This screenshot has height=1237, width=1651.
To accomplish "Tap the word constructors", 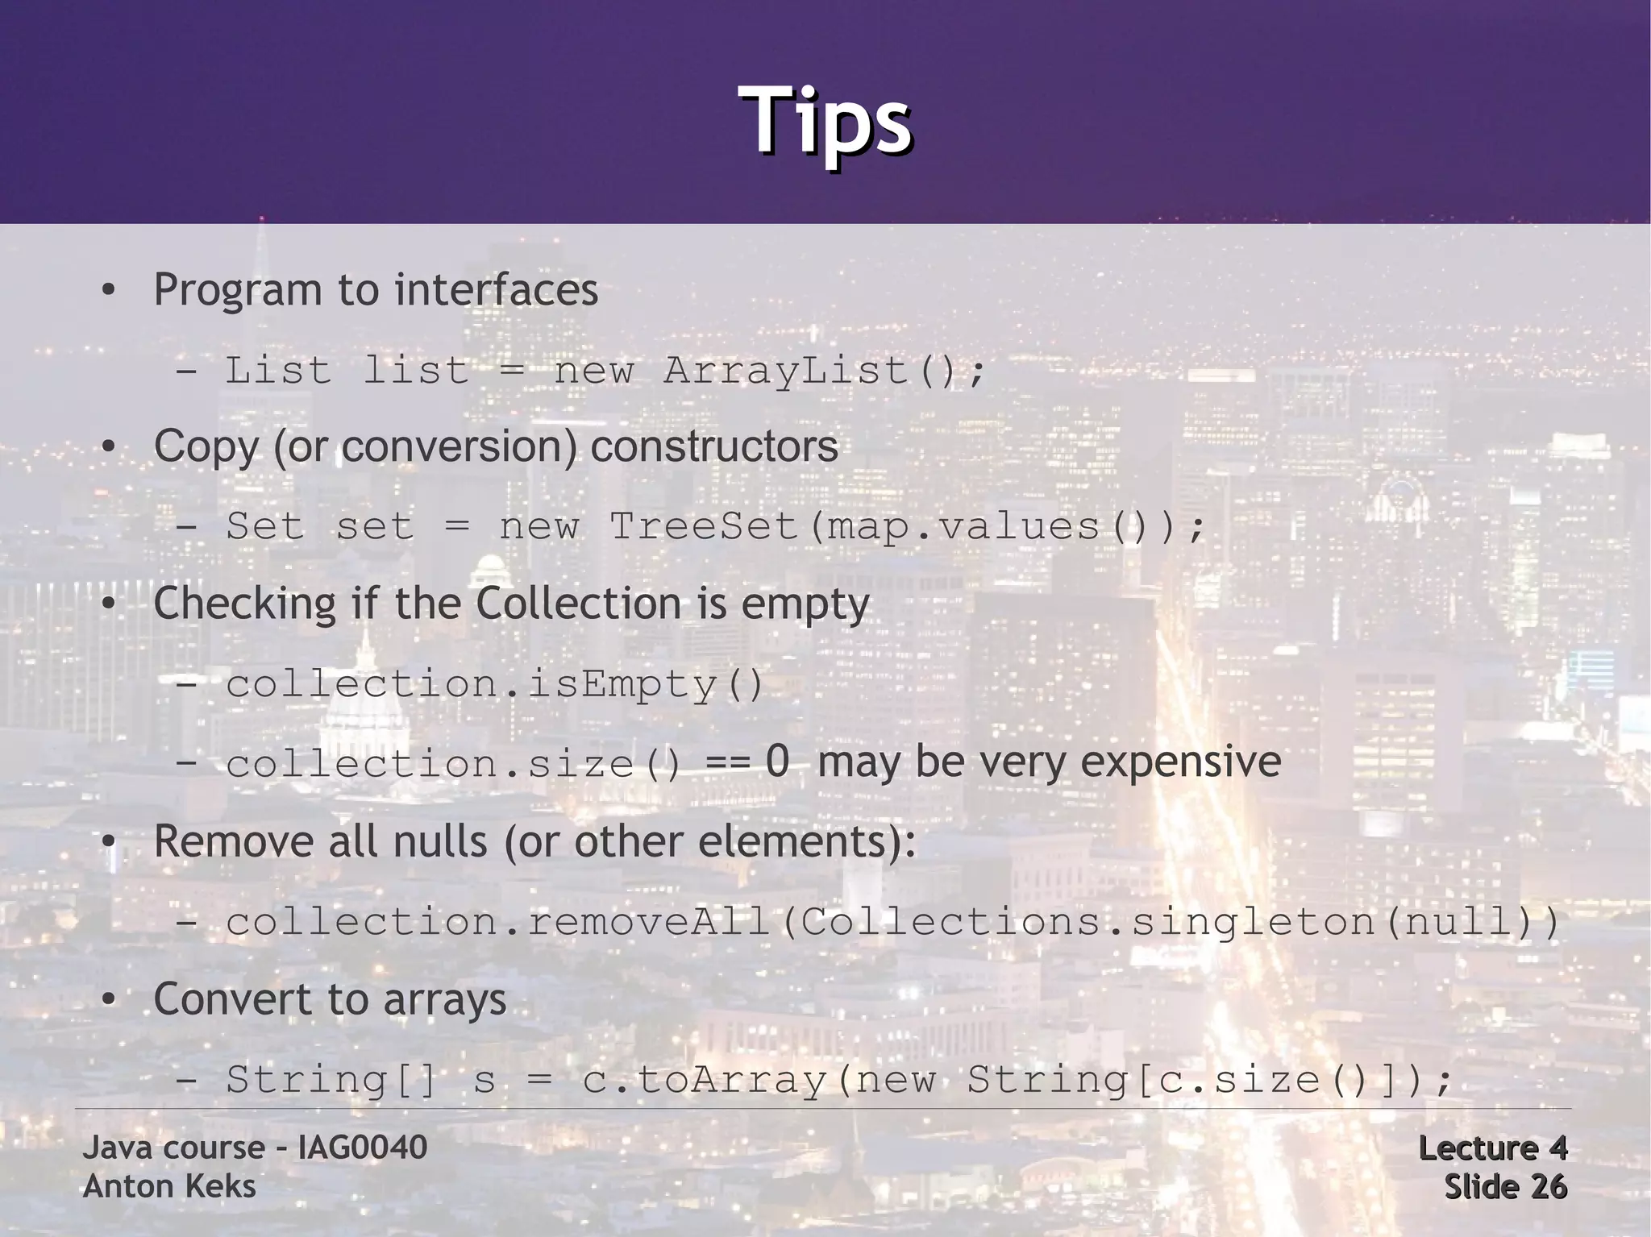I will [714, 446].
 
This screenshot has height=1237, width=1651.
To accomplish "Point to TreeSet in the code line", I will [703, 527].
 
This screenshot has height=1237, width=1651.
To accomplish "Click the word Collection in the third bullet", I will [578, 604].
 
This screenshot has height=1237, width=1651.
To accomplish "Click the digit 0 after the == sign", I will [777, 762].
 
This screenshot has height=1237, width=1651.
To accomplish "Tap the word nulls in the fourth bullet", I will [439, 842].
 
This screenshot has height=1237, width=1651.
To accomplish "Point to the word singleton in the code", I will [1254, 921].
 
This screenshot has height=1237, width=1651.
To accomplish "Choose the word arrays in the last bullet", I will [444, 1000].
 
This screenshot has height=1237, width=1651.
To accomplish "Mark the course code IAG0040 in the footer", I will [362, 1148].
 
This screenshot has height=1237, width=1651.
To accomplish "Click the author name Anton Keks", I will [169, 1186].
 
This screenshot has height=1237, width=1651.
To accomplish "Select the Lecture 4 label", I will [1492, 1148].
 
